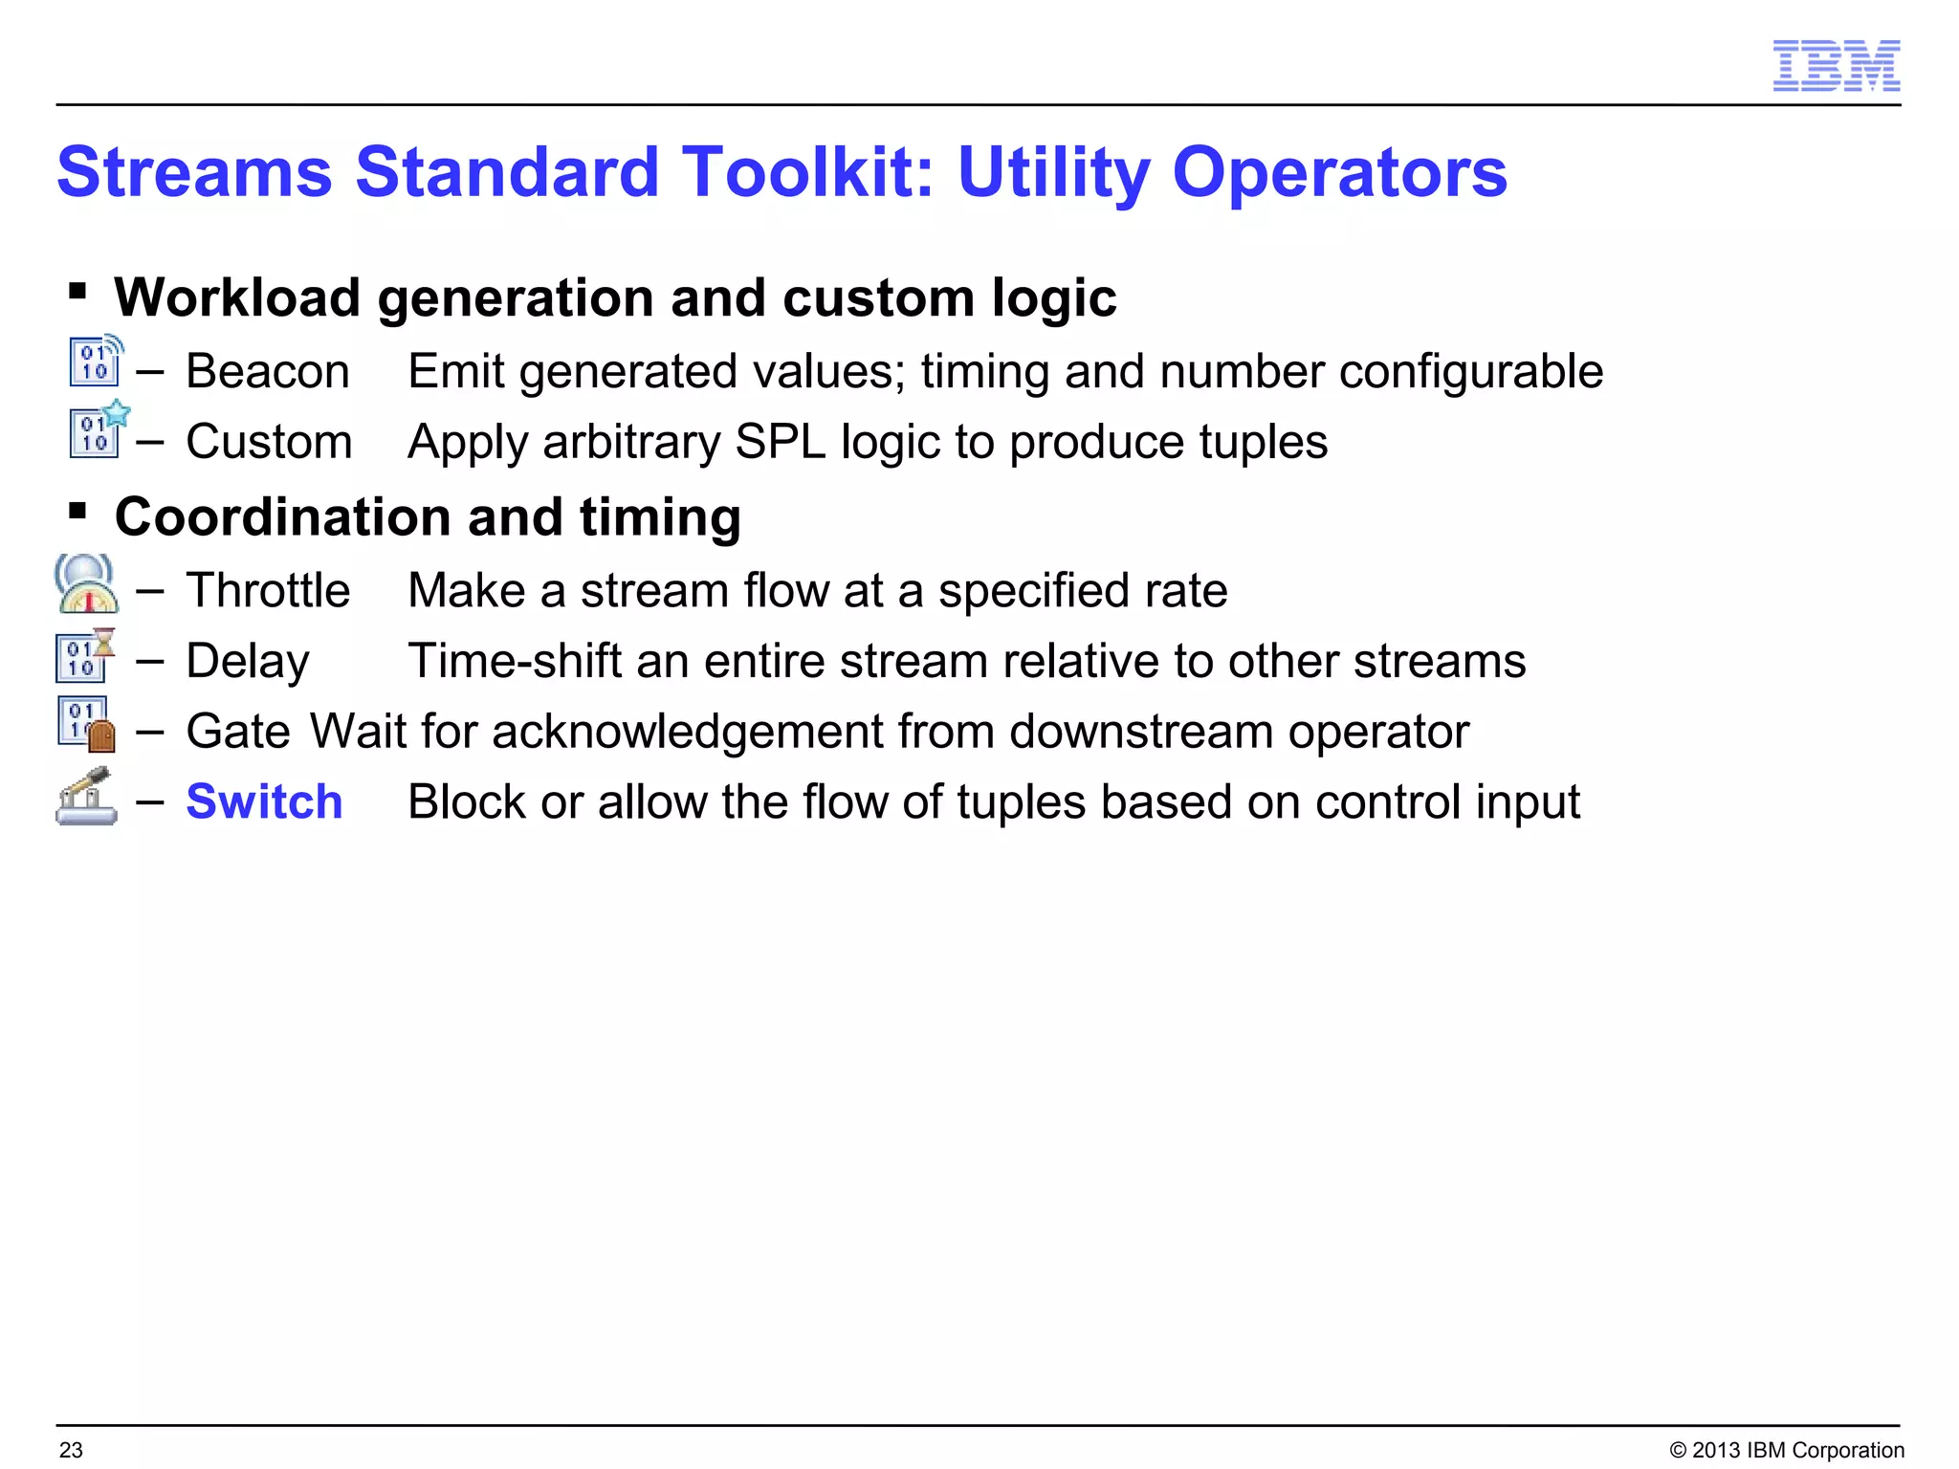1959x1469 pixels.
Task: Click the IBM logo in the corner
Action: (1836, 66)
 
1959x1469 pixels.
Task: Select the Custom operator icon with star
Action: (99, 429)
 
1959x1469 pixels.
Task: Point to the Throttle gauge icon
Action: (87, 583)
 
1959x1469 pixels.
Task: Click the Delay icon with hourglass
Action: (85, 655)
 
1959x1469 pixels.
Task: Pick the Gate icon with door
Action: (86, 725)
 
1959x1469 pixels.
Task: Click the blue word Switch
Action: (264, 801)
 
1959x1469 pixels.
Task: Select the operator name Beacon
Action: (268, 371)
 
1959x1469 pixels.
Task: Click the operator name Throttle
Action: (268, 590)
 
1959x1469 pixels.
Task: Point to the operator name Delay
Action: (248, 661)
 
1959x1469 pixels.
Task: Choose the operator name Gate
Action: (237, 732)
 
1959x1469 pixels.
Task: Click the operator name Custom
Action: (269, 442)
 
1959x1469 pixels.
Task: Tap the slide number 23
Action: (71, 1450)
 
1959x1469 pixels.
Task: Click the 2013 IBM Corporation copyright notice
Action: (1786, 1450)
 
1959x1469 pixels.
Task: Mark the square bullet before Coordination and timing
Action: (78, 511)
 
